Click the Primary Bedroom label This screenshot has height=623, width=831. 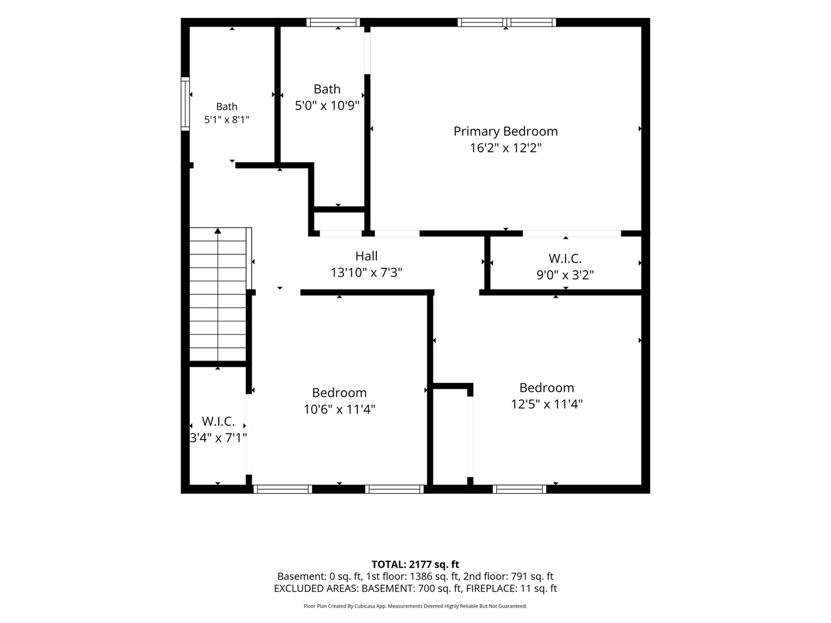click(x=506, y=132)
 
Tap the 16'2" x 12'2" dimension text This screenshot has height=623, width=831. click(x=506, y=148)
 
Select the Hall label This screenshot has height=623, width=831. click(x=366, y=256)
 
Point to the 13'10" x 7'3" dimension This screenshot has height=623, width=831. click(x=366, y=272)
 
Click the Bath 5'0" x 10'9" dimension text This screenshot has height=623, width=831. click(x=327, y=105)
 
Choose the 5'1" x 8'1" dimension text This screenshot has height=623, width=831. click(x=227, y=120)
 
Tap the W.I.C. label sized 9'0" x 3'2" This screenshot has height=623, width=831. click(x=565, y=259)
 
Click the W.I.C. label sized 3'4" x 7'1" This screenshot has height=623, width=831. click(x=218, y=421)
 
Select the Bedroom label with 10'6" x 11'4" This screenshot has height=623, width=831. click(x=339, y=393)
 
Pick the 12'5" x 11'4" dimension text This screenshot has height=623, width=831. click(x=546, y=404)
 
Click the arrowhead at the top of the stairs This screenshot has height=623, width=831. click(x=218, y=230)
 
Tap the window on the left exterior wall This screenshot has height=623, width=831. click(x=185, y=104)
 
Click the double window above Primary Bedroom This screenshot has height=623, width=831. click(x=507, y=22)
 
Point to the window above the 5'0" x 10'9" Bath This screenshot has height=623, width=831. click(x=333, y=22)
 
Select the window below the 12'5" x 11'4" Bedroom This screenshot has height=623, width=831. click(x=519, y=489)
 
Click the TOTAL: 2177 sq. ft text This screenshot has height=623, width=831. click(x=415, y=565)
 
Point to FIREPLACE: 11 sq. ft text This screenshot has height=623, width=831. click(x=511, y=588)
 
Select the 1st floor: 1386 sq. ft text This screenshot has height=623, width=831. click(x=413, y=576)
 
